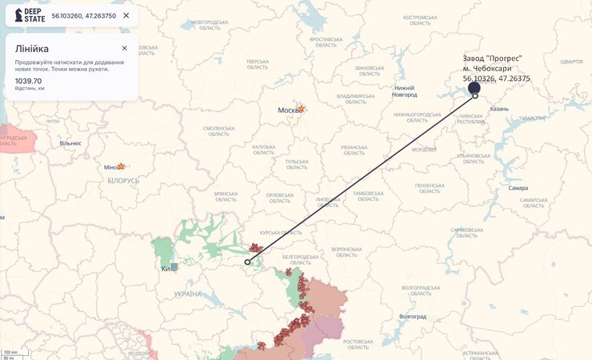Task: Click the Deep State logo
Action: [30, 15]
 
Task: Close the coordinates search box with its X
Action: [126, 15]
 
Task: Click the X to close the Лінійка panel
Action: [124, 48]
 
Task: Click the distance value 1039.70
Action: [29, 81]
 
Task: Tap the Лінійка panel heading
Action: [32, 49]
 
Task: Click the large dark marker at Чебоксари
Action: [474, 88]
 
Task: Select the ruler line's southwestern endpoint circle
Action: [247, 262]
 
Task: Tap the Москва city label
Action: [289, 110]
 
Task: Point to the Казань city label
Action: [499, 108]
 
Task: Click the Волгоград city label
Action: [412, 316]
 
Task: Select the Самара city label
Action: [518, 188]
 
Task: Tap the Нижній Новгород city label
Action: [406, 90]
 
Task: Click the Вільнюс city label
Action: [70, 143]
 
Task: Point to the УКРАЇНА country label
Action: [189, 294]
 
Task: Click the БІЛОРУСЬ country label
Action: [123, 181]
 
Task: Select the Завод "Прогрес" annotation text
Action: [493, 58]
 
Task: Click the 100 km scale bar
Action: [10, 352]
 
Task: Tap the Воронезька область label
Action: [347, 251]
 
